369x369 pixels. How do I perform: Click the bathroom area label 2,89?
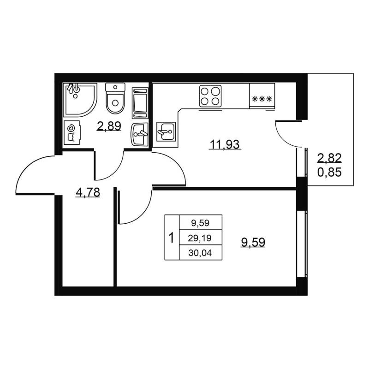[109, 126]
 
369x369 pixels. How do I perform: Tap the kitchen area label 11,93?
[225, 144]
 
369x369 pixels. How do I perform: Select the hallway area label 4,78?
[88, 192]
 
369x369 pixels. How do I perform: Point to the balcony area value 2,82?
[329, 158]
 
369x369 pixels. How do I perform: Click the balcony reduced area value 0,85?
[329, 173]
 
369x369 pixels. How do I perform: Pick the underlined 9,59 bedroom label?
[253, 242]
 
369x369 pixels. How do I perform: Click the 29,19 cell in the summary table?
[200, 238]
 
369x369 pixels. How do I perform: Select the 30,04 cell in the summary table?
[200, 253]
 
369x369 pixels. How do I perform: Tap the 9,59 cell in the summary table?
[200, 223]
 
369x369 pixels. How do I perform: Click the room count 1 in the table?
[172, 238]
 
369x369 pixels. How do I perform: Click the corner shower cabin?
[79, 100]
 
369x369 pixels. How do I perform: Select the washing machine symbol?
[72, 133]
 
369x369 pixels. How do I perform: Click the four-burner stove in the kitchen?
[210, 96]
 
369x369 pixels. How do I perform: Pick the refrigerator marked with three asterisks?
[262, 96]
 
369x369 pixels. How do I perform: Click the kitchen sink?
[166, 132]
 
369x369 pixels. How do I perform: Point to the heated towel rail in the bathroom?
[140, 103]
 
